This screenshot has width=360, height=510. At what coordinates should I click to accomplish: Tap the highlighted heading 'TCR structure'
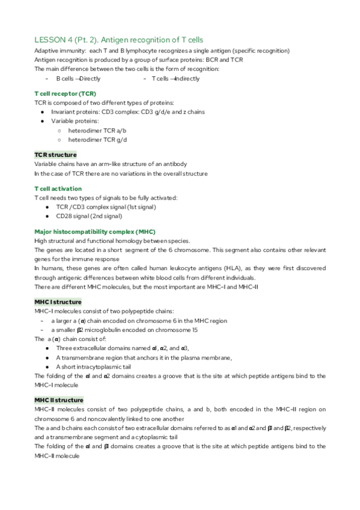click(x=55, y=155)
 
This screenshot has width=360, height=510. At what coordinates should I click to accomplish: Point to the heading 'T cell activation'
click(x=58, y=189)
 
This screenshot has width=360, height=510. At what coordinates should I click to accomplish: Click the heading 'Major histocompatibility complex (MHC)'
click(x=86, y=232)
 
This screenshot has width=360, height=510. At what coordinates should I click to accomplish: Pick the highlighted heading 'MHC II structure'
click(x=59, y=400)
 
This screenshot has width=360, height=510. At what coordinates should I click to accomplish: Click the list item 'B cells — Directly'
click(x=78, y=79)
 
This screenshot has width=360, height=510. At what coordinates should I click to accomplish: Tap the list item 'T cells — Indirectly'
click(x=175, y=79)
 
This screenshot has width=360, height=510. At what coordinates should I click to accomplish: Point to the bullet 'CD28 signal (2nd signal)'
click(x=89, y=216)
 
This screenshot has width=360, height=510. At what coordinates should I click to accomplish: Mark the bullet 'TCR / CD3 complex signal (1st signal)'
click(x=105, y=207)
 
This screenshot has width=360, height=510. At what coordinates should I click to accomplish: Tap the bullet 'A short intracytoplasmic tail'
click(x=94, y=367)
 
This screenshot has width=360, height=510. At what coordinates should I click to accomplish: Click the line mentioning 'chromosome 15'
click(x=129, y=330)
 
